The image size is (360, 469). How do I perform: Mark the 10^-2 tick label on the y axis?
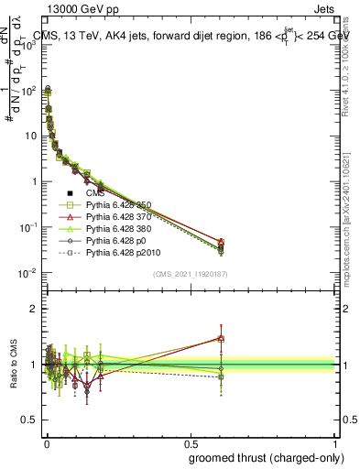pos(26,272)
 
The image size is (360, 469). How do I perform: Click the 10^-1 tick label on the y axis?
pos(26,226)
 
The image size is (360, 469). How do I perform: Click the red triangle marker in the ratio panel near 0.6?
pos(221,337)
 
